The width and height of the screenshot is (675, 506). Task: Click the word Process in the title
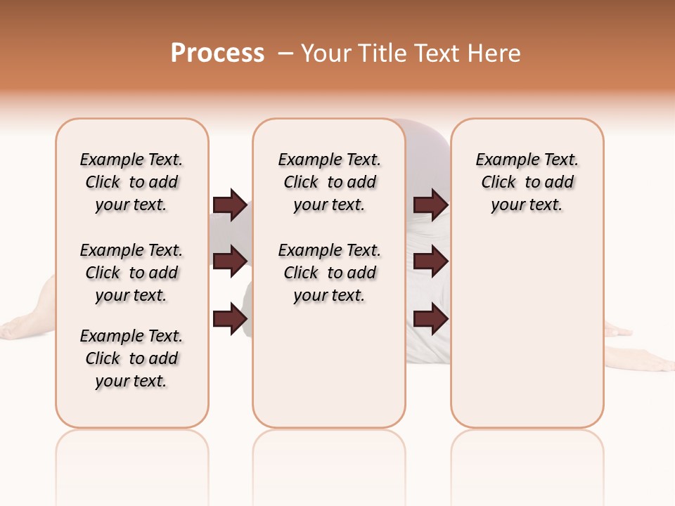click(x=217, y=53)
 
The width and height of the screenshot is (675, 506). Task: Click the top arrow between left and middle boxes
click(x=231, y=205)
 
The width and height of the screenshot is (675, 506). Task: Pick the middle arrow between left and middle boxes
click(x=231, y=261)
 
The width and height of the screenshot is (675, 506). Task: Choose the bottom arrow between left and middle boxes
click(x=231, y=319)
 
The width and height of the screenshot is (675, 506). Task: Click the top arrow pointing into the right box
click(x=430, y=205)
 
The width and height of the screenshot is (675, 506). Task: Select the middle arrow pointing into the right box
click(x=430, y=261)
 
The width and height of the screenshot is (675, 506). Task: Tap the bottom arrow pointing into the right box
click(x=430, y=319)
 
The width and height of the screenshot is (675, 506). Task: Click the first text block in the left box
click(x=131, y=182)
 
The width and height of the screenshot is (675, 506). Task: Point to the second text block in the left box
click(x=131, y=273)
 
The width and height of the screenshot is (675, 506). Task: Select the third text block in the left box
click(x=131, y=358)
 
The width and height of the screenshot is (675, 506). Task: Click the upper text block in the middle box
click(x=329, y=182)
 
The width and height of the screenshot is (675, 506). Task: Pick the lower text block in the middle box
click(x=329, y=273)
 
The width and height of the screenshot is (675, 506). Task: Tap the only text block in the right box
click(x=527, y=182)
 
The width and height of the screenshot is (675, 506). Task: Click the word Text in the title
click(x=437, y=53)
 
